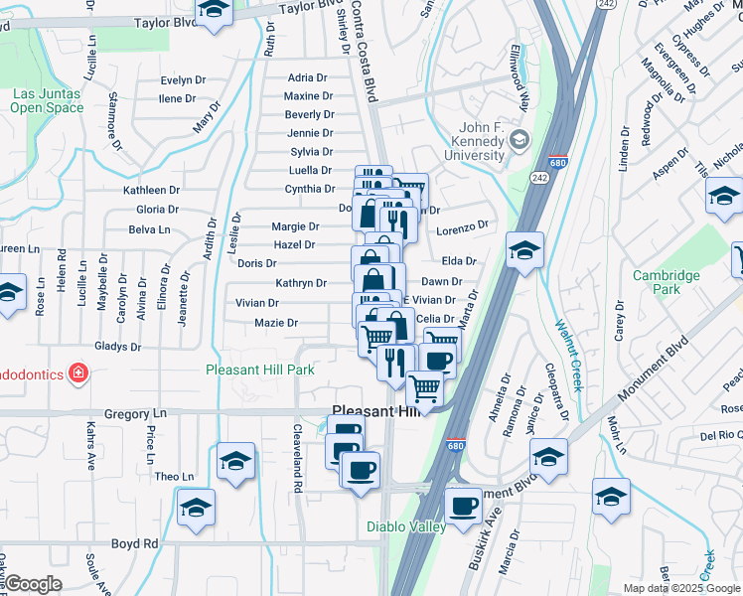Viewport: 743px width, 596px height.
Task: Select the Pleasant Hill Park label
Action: point(260,370)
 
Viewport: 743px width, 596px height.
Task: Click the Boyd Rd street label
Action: point(135,544)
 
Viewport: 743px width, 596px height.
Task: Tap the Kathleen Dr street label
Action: point(151,190)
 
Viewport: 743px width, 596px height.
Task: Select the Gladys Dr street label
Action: point(117,347)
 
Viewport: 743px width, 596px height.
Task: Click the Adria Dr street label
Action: point(307,77)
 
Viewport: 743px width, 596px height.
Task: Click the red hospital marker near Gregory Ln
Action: point(77,374)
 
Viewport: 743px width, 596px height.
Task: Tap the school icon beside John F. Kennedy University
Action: point(519,142)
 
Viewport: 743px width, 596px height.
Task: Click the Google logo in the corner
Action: point(33,584)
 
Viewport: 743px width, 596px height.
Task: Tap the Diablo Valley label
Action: point(406,527)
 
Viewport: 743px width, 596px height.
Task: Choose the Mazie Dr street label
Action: point(276,323)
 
